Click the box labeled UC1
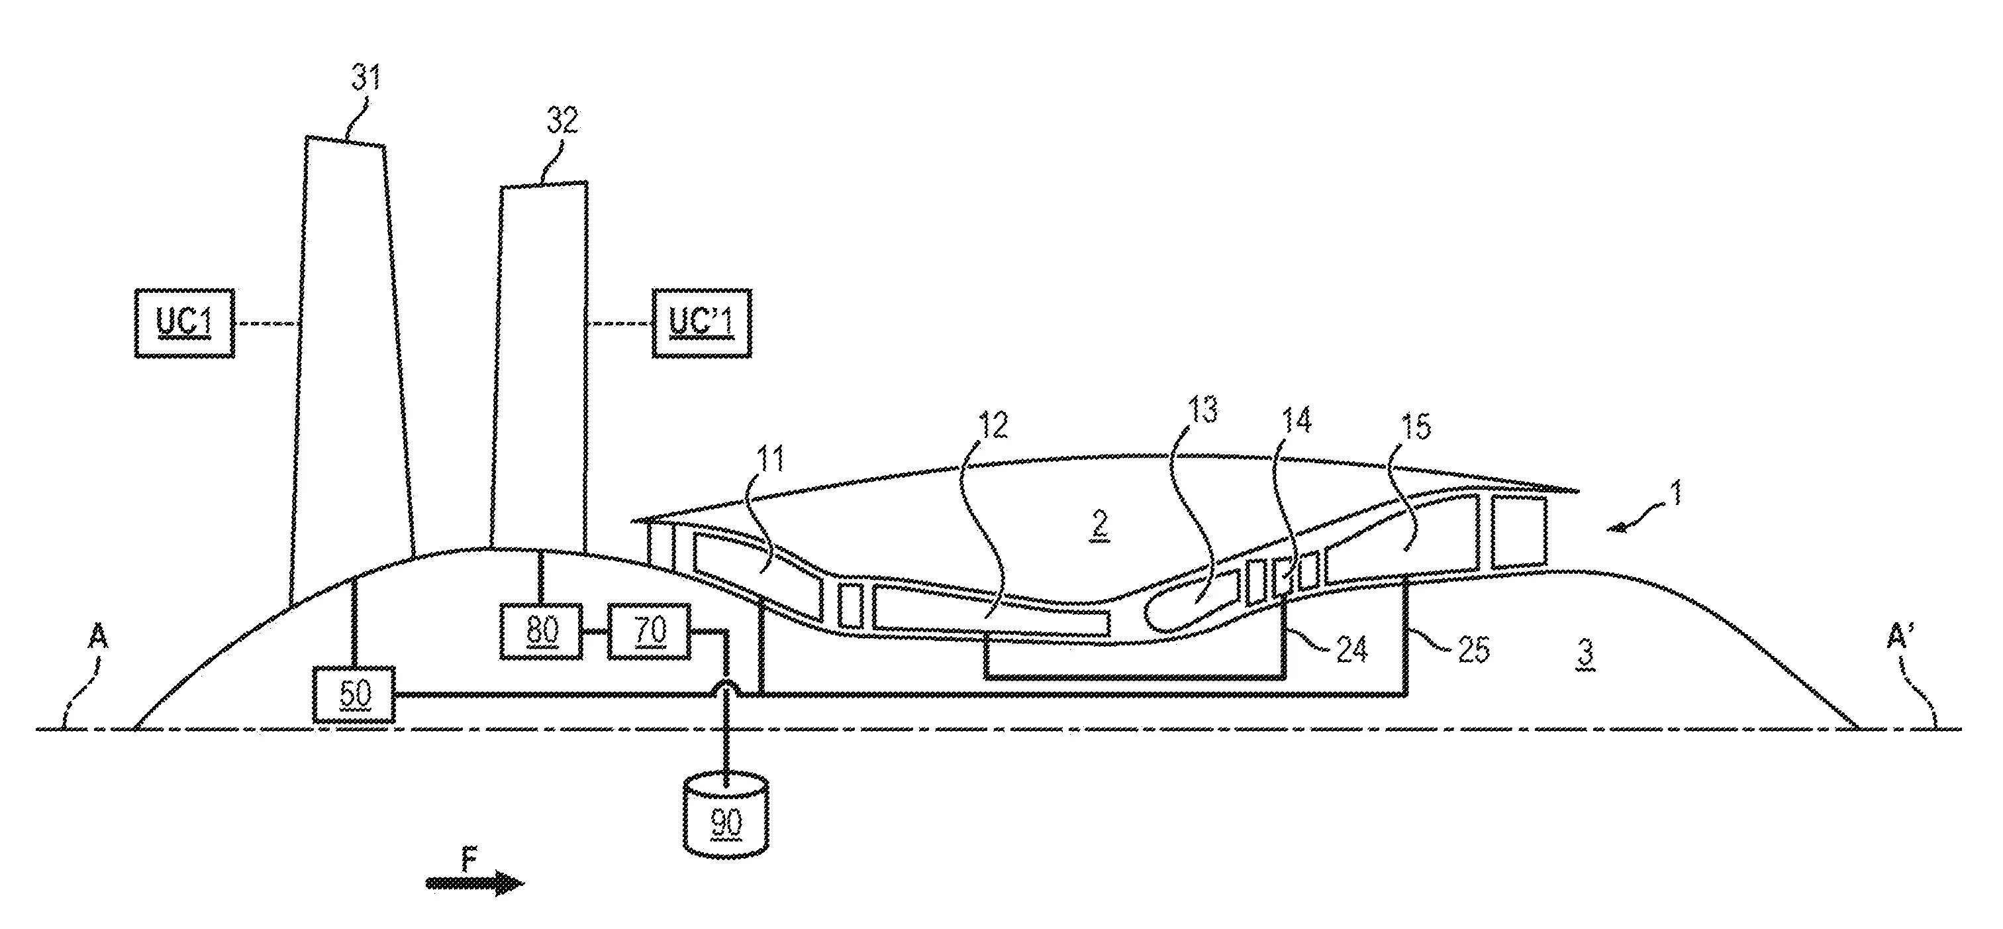(184, 323)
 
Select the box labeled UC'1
(701, 323)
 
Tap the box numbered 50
(354, 694)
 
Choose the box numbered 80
(542, 631)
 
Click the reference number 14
(1295, 420)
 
